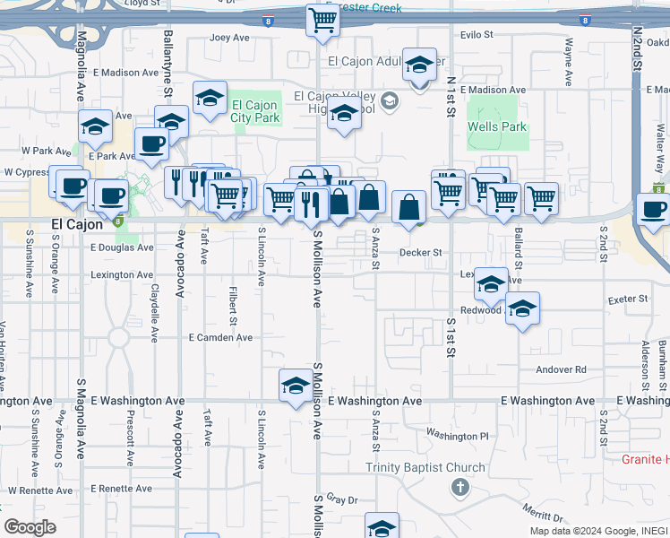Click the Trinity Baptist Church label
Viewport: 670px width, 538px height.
[425, 467]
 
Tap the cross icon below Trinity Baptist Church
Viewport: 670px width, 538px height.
[460, 488]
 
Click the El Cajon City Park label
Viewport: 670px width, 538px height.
[255, 111]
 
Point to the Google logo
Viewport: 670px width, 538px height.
[30, 527]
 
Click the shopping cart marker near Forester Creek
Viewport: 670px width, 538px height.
[322, 21]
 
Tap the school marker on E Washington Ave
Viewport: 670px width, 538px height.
[296, 387]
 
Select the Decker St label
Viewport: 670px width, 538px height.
[421, 253]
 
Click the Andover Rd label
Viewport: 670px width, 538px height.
[561, 369]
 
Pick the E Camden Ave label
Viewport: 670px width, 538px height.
[220, 337]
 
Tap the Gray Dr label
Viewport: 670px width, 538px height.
[342, 499]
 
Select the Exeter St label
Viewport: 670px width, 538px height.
[627, 299]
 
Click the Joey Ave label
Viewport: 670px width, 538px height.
[229, 38]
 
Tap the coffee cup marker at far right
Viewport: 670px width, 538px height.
[653, 210]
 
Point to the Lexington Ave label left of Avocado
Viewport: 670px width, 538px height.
[122, 275]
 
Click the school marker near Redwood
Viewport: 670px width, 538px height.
[522, 310]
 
